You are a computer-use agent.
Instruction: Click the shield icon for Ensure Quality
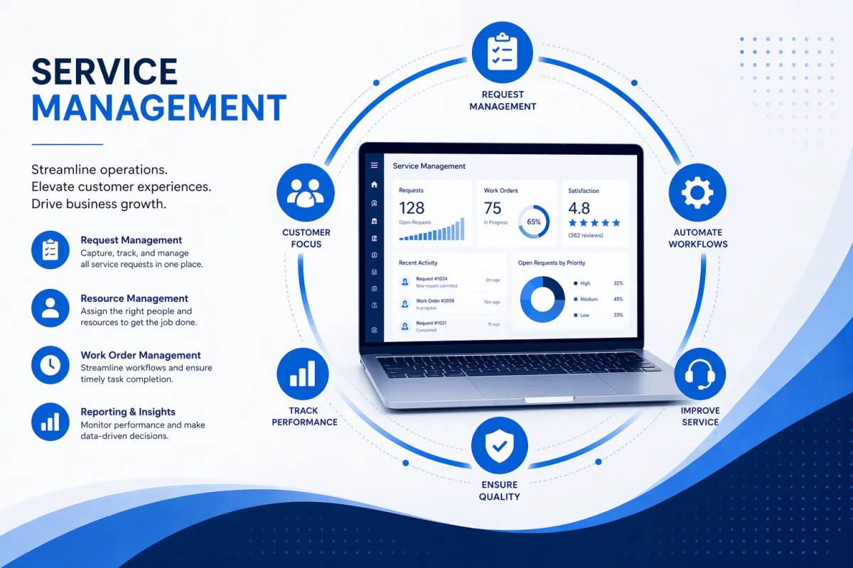coord(499,445)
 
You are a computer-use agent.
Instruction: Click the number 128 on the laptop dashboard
coord(412,208)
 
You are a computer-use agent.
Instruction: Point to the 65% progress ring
coord(533,222)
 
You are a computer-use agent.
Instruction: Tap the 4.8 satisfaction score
coord(579,208)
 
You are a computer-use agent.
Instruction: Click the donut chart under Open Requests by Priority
coord(542,299)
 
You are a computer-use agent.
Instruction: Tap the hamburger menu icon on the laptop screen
coord(374,165)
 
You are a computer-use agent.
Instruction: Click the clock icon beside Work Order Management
coord(50,365)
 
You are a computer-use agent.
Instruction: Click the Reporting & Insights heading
coord(128,412)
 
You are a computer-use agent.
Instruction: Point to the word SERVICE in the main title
coord(104,72)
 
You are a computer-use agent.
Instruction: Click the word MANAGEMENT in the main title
coord(159,109)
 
